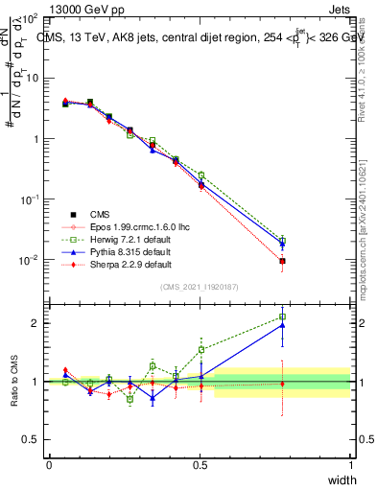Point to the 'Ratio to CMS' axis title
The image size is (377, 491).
(12, 381)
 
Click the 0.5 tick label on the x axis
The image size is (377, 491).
(200, 465)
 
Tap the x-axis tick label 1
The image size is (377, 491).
(350, 465)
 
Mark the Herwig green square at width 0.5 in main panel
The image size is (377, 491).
(200, 175)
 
